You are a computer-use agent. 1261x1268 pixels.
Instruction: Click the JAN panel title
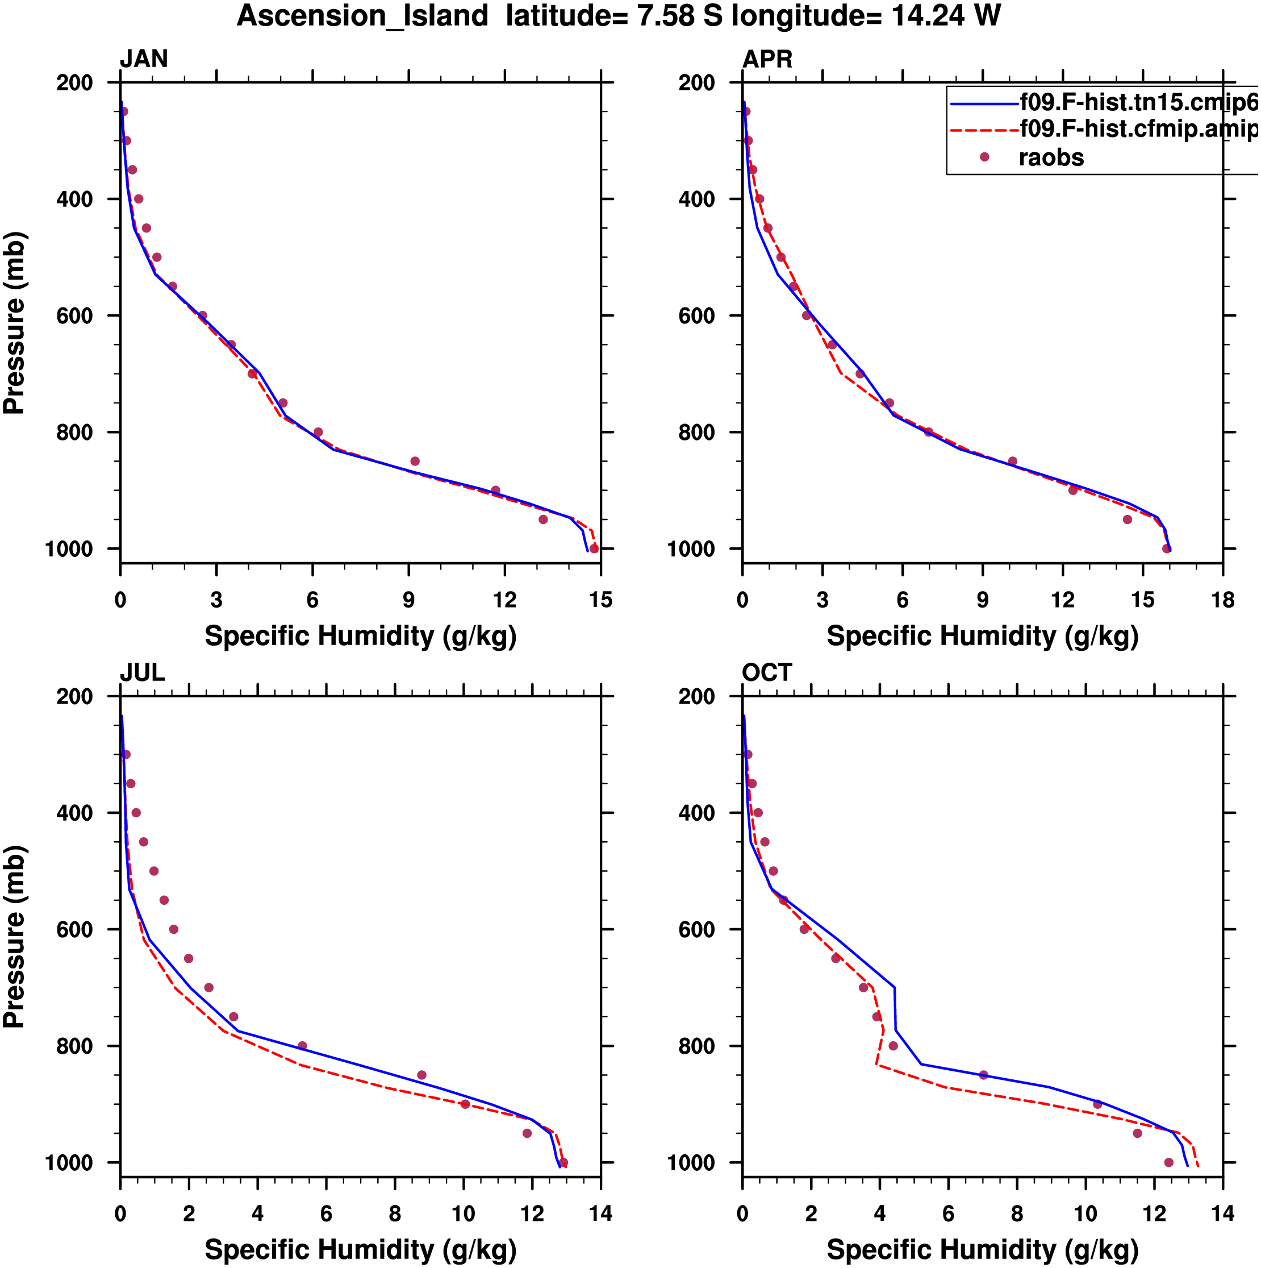144,59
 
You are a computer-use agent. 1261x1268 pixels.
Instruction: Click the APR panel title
767,59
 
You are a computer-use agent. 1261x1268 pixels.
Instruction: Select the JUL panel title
143,673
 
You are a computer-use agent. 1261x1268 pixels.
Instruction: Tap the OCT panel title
767,673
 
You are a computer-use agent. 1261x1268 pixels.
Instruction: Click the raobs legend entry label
1051,157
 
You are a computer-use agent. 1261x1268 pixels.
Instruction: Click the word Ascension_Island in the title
363,16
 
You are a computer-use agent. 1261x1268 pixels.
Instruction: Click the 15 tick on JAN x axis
600,600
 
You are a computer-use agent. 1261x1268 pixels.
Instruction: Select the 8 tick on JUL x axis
395,1213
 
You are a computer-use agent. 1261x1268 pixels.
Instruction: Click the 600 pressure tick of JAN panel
75,315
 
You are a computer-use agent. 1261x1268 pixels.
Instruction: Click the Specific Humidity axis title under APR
982,636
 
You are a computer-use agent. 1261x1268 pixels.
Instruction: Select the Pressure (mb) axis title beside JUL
14,937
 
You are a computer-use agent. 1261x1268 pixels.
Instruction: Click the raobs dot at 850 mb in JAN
415,462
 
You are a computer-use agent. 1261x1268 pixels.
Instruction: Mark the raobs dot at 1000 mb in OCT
1168,1162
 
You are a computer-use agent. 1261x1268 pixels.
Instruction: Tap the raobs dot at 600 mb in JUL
174,929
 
